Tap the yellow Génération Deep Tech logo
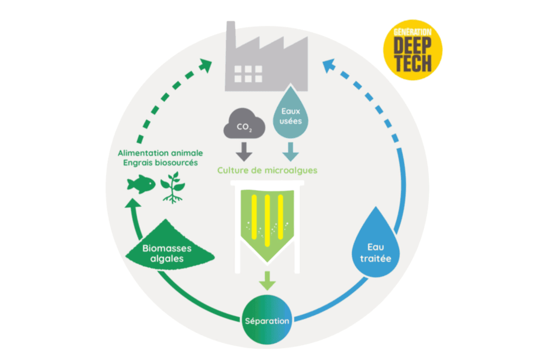click(412, 50)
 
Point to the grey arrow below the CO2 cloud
click(244, 152)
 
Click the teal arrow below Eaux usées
click(290, 152)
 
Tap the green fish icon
click(141, 184)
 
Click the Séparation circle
click(267, 320)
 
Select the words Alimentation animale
click(160, 153)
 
